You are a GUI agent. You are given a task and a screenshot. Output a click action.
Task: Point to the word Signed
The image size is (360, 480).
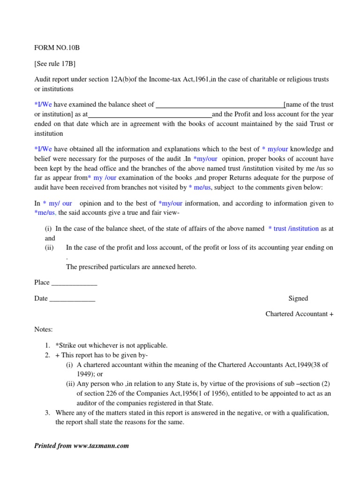tap(298, 298)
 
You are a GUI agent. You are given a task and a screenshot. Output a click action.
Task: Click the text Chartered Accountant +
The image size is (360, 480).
tap(299, 314)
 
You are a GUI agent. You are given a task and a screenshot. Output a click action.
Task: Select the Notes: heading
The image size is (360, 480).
tap(44, 330)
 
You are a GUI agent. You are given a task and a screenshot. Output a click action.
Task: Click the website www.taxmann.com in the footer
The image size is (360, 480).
tap(101, 445)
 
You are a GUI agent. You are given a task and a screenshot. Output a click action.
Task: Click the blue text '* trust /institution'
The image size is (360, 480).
tap(293, 229)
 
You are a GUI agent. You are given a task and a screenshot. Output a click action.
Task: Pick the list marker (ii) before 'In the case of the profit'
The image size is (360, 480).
tap(50, 248)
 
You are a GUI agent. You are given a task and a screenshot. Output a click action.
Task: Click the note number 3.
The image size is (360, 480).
tap(47, 412)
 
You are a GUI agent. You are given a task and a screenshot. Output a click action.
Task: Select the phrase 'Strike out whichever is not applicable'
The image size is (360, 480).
tap(113, 345)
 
